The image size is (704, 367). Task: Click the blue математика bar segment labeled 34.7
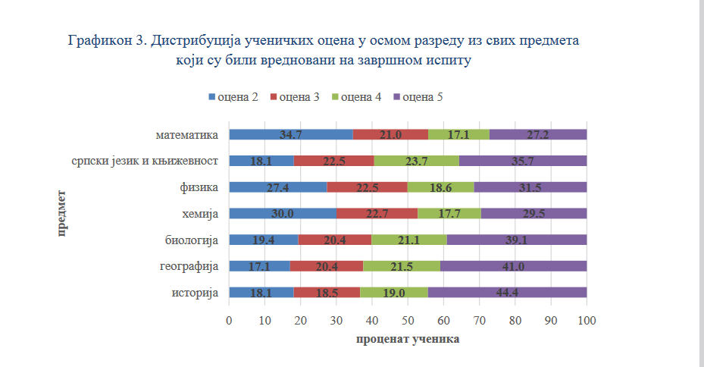tap(290, 135)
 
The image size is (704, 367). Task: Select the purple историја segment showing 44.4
tap(507, 293)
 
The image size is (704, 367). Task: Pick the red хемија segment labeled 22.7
tap(377, 214)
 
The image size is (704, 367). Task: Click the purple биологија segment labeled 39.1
tap(517, 240)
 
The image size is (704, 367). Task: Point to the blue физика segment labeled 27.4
tap(277, 187)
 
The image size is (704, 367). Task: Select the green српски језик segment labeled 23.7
tap(416, 161)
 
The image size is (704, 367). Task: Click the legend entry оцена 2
tap(234, 97)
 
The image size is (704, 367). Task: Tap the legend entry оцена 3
tap(296, 97)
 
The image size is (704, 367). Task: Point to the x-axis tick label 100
tap(587, 322)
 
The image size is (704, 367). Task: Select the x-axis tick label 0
tap(229, 322)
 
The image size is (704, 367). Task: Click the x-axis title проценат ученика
tap(408, 340)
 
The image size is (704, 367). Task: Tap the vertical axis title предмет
tap(61, 214)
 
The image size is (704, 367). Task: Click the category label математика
tap(187, 135)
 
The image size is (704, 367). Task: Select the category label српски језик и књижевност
tap(145, 161)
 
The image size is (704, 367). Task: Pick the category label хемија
tap(201, 214)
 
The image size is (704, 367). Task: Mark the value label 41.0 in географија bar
tap(514, 266)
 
